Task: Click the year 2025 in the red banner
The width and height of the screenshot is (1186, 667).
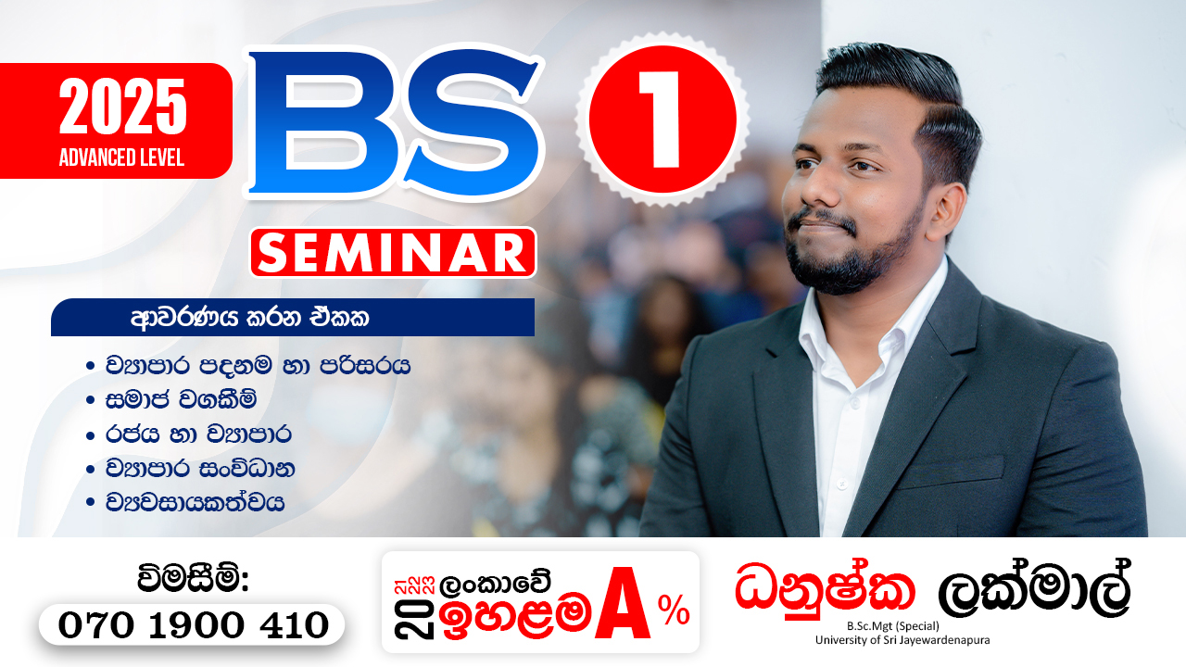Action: pyautogui.click(x=123, y=107)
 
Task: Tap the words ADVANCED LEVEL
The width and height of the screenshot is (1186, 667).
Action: pyautogui.click(x=121, y=157)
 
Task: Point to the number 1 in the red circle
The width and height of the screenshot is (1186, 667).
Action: pyautogui.click(x=662, y=120)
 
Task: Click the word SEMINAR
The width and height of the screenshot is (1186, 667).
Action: pyautogui.click(x=393, y=252)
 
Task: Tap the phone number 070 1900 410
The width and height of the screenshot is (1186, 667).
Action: pyautogui.click(x=193, y=624)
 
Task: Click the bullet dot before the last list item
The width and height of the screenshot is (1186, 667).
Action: pyautogui.click(x=90, y=503)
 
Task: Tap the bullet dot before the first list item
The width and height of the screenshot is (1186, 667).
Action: pyautogui.click(x=90, y=365)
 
